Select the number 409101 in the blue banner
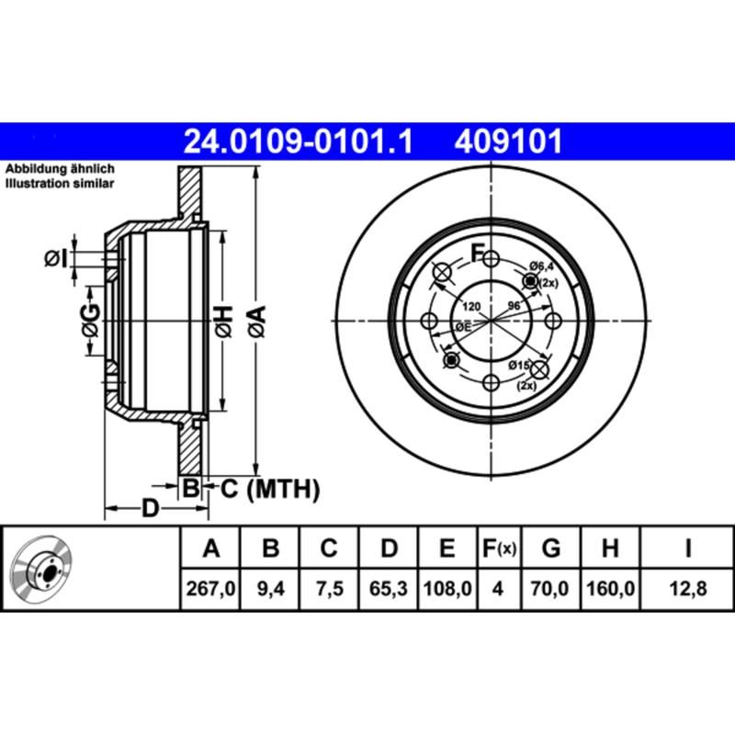(x=504, y=141)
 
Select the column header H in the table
(x=609, y=549)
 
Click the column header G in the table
(x=551, y=549)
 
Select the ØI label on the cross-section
(x=57, y=260)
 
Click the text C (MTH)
(x=269, y=489)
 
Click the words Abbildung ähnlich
(x=60, y=171)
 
